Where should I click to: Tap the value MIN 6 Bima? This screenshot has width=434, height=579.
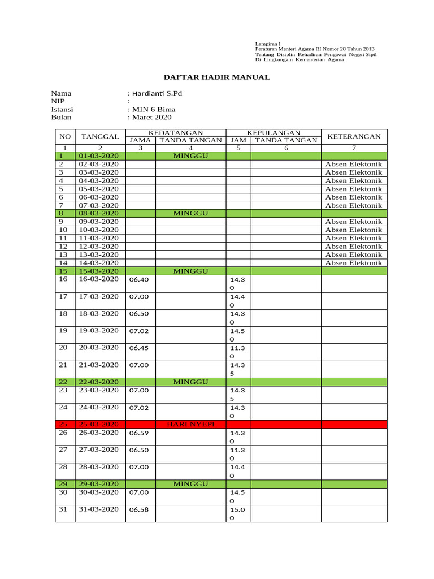[x=154, y=109]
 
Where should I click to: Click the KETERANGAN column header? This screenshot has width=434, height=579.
[x=354, y=136]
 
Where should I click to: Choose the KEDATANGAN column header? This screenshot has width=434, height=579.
[x=176, y=132]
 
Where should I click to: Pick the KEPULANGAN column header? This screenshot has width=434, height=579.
[x=274, y=132]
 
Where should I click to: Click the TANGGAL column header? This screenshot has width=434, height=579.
[x=99, y=136]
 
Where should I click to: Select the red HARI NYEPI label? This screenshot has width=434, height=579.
[x=190, y=424]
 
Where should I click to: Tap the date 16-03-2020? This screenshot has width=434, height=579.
[x=99, y=279]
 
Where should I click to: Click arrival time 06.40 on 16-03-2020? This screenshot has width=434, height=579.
[x=139, y=279]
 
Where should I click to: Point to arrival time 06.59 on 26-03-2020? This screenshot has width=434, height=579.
[x=139, y=433]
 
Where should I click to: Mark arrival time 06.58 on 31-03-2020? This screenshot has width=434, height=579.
[x=139, y=510]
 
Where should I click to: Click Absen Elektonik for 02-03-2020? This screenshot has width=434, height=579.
[x=354, y=164]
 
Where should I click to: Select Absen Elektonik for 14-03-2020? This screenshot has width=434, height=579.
[x=354, y=263]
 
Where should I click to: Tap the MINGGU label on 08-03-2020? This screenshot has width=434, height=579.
[x=191, y=213]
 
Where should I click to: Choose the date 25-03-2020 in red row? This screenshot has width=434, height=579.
[x=99, y=424]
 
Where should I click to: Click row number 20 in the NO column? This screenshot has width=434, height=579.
[x=63, y=348]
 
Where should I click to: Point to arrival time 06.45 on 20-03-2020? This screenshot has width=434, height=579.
[x=139, y=348]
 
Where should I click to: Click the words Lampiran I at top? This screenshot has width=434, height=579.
[x=268, y=44]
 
